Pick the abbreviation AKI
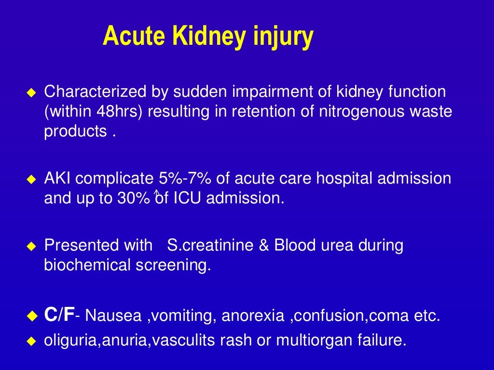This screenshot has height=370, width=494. [58, 179]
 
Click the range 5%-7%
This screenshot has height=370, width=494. [185, 179]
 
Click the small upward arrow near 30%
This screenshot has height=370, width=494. [156, 194]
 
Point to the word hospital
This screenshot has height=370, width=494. [344, 179]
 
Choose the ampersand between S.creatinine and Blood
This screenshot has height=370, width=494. [263, 245]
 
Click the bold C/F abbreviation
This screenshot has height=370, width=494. [59, 316]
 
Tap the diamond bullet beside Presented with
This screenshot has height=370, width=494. [31, 246]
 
